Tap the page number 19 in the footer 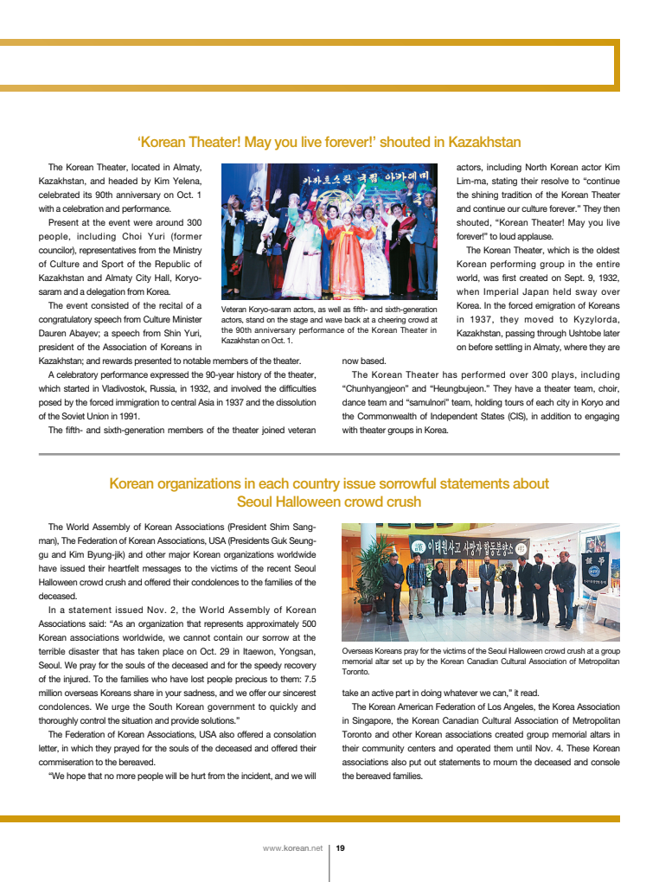[x=341, y=848]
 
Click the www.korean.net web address [x=292, y=848]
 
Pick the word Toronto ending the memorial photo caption [x=355, y=671]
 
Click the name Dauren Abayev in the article [x=70, y=333]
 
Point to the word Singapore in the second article [x=376, y=720]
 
